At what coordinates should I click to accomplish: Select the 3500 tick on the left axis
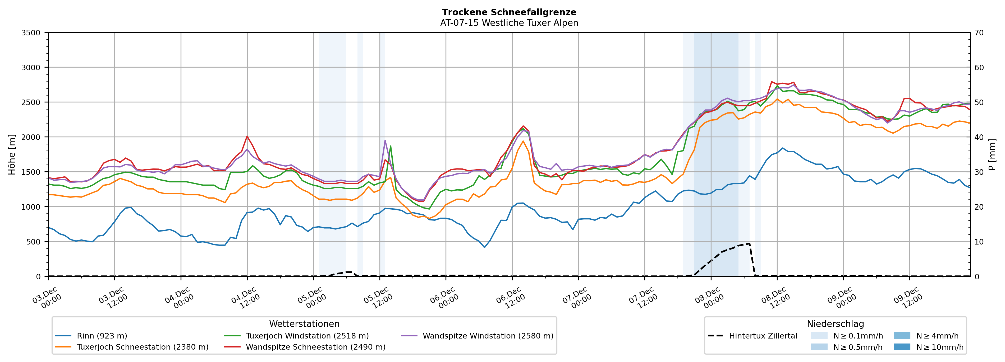pos(31,33)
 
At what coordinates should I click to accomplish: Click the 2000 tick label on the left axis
pos(31,137)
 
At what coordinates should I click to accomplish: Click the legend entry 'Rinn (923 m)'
pos(102,336)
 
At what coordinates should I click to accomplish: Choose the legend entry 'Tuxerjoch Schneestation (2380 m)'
pos(143,347)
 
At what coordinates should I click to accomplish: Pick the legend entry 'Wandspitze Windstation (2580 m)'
pos(488,336)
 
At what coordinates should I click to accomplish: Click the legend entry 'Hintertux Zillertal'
pos(763,336)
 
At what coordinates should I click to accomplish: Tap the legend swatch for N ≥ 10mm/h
pos(902,347)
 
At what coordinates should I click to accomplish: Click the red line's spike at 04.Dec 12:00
pos(247,137)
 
